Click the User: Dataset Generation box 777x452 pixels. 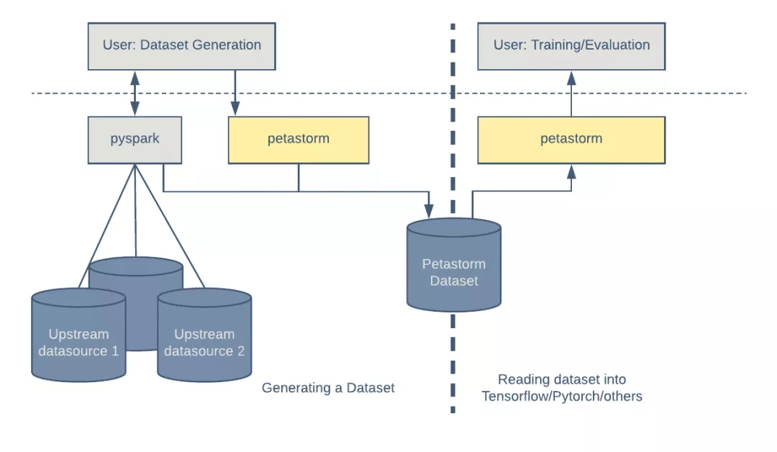(181, 45)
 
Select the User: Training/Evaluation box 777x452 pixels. (571, 45)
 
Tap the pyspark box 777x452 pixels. (135, 139)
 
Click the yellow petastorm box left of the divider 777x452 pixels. (299, 140)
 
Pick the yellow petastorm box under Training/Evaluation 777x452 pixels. (571, 140)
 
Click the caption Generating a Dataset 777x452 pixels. (328, 388)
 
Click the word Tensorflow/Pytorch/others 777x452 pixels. (562, 396)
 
